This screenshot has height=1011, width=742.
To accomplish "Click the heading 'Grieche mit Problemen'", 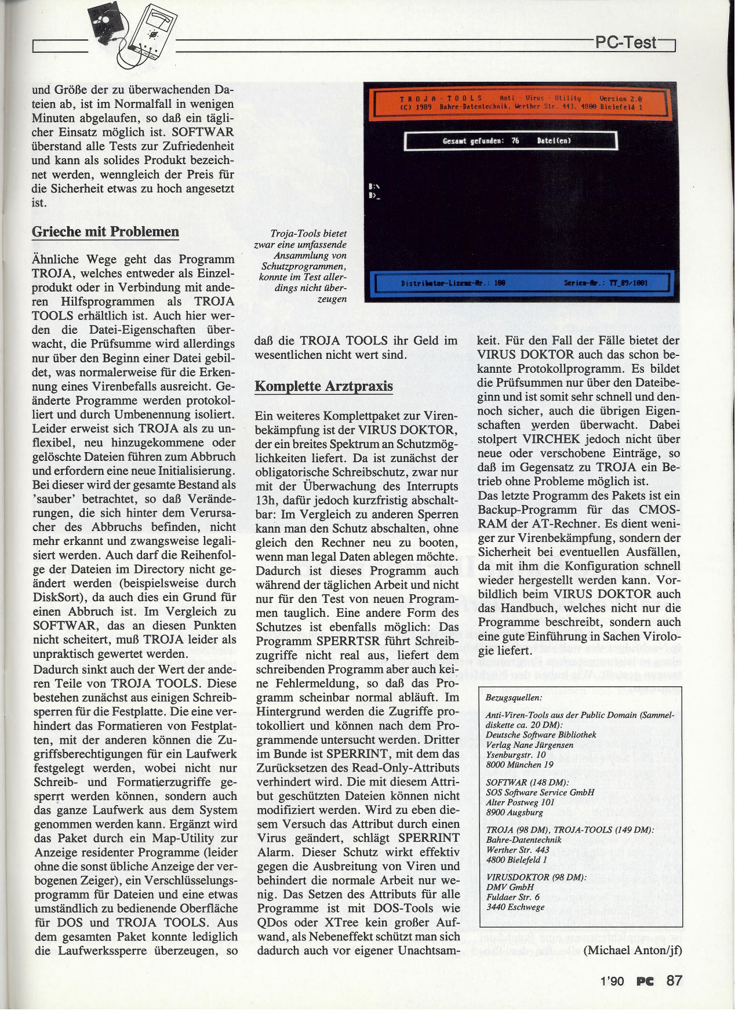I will [x=105, y=232].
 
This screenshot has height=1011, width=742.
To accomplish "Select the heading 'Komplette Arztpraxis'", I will [x=323, y=387].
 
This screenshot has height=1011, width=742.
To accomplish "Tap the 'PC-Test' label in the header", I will [x=627, y=42].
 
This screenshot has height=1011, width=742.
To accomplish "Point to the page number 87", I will [x=674, y=980].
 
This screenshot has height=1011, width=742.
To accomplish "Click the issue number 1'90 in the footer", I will [x=612, y=981].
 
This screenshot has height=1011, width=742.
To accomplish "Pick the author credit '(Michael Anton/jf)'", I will [x=632, y=950].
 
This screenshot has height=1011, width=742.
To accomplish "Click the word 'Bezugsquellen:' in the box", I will [x=514, y=697].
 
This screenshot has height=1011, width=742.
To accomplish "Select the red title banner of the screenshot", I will [x=520, y=103].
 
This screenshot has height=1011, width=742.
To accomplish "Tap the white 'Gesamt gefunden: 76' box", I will [x=510, y=141].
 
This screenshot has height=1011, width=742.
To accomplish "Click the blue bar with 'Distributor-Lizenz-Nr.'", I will [x=522, y=283].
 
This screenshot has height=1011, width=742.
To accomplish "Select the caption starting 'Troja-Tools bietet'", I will [x=301, y=266].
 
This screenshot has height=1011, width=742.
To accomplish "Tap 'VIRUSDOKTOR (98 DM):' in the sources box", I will [x=536, y=877].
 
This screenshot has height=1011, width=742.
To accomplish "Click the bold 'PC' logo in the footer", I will [x=645, y=981].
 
